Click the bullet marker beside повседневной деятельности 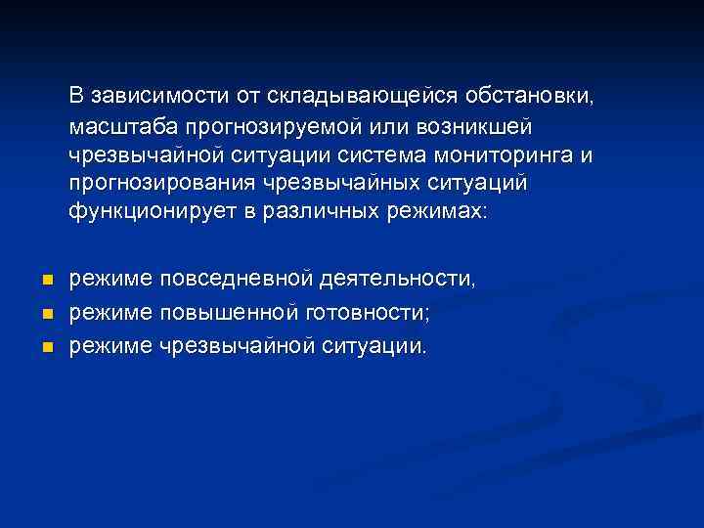45,281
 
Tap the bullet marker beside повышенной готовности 45,314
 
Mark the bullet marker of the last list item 45,347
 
